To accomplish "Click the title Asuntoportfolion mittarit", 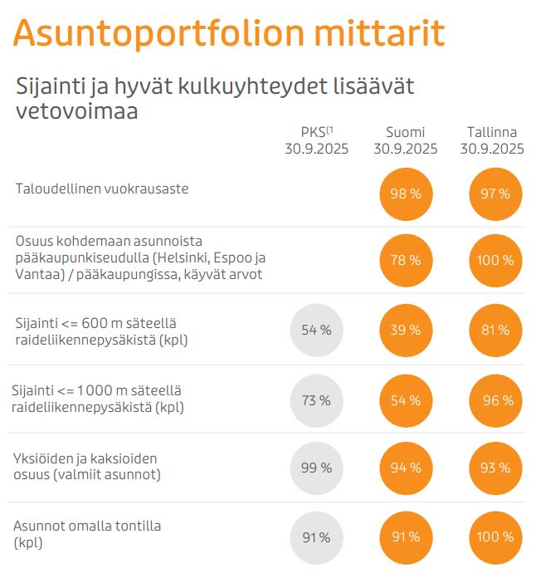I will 229,33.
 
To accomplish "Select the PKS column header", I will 316,141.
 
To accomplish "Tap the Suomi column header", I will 405,141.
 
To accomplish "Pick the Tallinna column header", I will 493,141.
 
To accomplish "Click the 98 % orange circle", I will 406,193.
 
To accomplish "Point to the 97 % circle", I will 494,193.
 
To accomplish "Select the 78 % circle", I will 406,260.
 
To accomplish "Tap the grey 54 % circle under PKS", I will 316,330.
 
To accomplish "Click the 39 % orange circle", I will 406,330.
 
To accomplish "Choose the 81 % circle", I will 494,330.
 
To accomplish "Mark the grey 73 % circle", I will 316,400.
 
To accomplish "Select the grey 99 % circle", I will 316,468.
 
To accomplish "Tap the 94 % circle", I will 406,468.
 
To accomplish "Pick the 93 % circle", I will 494,468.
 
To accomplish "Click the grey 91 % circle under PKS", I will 316,536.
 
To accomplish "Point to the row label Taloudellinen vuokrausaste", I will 102,189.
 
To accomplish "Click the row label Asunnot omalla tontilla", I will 88,534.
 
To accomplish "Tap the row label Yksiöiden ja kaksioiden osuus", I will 88,467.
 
